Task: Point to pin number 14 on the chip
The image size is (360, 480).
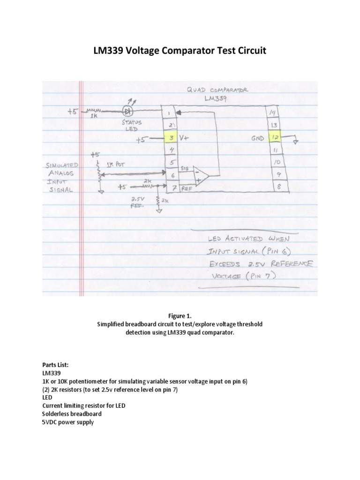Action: pyautogui.click(x=272, y=113)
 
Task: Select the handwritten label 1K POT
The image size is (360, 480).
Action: pyautogui.click(x=116, y=165)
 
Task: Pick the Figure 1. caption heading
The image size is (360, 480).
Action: pyautogui.click(x=180, y=315)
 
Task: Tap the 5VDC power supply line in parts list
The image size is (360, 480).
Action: pyautogui.click(x=68, y=422)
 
